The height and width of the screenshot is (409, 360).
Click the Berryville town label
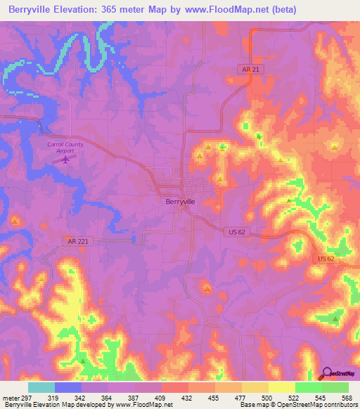click(x=180, y=201)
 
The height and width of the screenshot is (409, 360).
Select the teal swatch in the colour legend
click(x=41, y=387)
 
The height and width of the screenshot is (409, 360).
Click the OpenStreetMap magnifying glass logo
click(x=328, y=372)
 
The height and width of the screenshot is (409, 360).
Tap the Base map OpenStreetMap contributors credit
click(x=298, y=405)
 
